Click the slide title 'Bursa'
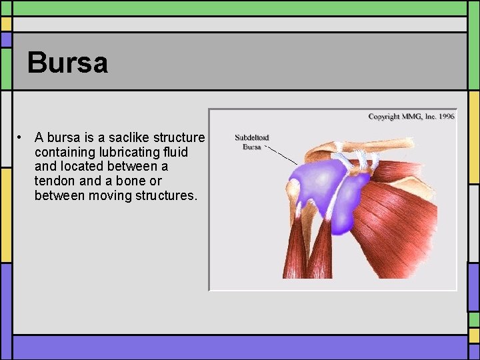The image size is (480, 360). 67,63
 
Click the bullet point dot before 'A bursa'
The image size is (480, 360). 22,137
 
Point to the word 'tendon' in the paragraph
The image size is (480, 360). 54,181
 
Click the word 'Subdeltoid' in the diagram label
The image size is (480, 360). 251,138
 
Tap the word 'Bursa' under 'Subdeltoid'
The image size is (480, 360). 251,147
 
